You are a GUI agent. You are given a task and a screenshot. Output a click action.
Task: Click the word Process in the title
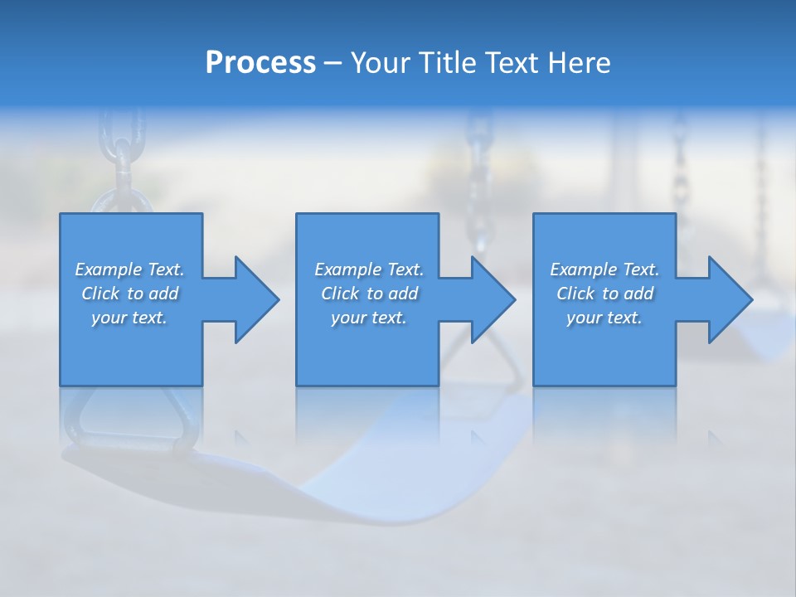click(260, 63)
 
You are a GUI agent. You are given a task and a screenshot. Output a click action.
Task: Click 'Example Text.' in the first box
click(129, 269)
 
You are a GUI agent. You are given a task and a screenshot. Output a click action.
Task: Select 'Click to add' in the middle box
click(369, 294)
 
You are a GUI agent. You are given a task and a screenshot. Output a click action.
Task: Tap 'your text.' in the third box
click(604, 318)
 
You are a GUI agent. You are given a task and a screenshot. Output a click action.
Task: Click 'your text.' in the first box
click(129, 318)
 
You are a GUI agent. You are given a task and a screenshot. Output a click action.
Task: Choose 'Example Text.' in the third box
click(604, 269)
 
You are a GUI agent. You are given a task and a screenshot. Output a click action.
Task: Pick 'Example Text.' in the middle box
click(369, 269)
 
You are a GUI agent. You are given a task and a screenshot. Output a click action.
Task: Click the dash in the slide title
click(333, 63)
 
